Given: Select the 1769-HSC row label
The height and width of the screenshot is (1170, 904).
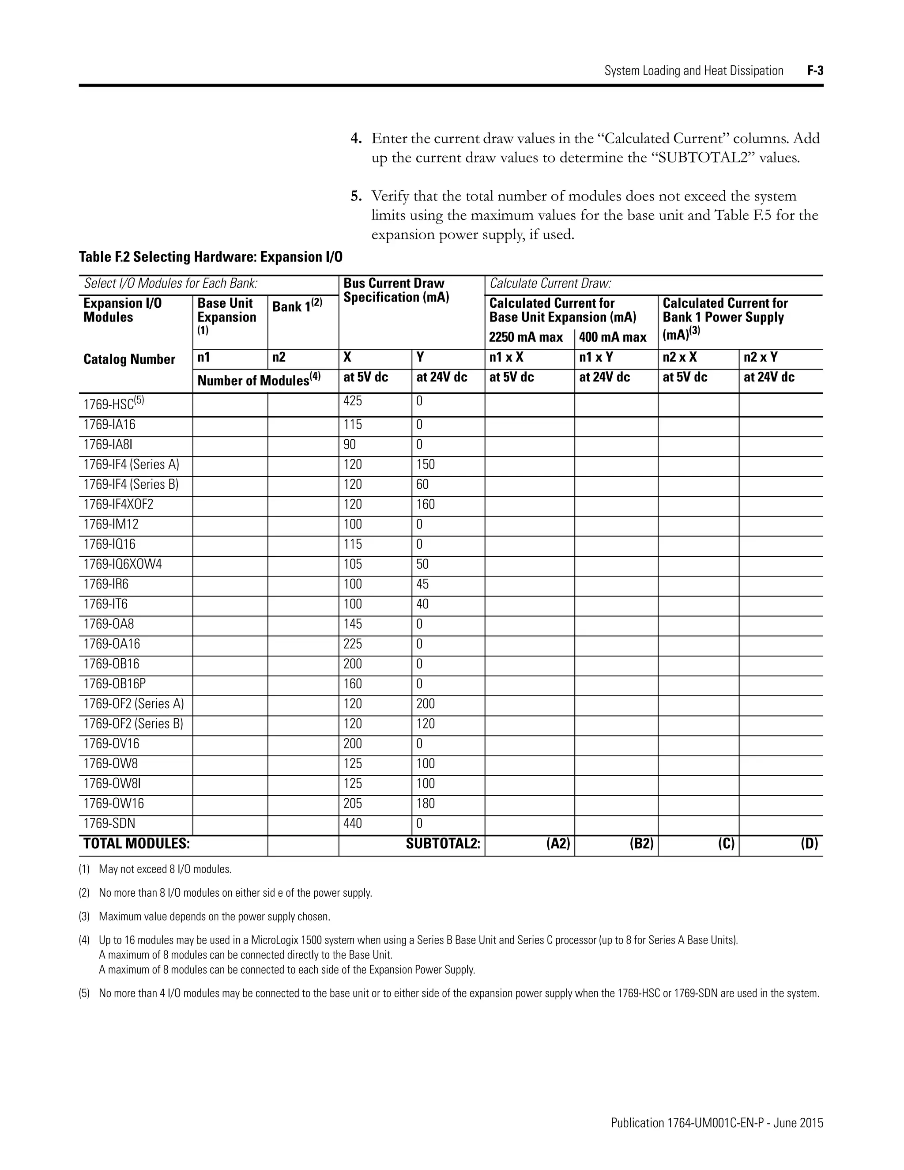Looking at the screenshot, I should point(113,404).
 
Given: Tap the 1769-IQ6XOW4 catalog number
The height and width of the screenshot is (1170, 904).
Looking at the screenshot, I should point(122,564).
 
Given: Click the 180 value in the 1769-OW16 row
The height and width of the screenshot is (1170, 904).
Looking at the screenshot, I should point(426,804).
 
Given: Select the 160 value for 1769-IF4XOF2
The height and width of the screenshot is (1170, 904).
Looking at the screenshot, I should point(426,504).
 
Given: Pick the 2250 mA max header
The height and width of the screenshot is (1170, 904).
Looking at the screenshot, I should point(525,337).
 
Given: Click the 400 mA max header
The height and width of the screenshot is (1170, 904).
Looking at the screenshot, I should point(613,337).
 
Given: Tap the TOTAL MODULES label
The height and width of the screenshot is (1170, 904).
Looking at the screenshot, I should point(136,844).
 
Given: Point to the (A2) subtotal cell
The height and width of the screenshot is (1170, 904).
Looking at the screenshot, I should point(558,844).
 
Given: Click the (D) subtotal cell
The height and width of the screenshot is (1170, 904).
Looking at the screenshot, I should point(809,844).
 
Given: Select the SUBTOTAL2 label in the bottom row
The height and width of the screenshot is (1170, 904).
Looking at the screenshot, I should point(443,844).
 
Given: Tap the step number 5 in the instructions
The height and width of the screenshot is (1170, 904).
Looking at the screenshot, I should point(356,196).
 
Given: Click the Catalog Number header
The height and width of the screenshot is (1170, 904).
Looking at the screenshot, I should point(129,359).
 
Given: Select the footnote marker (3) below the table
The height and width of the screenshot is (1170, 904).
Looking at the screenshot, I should point(84,916).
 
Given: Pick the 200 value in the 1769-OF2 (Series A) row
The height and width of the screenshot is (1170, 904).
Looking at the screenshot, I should point(426,703).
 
